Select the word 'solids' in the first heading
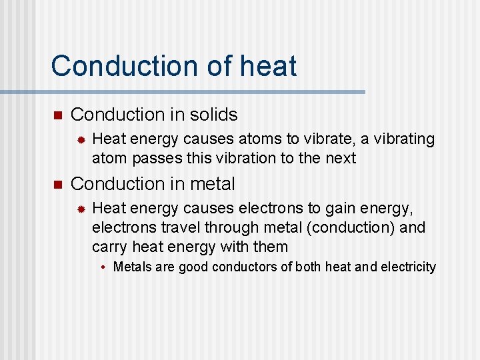pyautogui.click(x=213, y=115)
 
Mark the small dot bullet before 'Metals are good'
pyautogui.click(x=105, y=268)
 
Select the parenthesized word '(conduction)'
pyautogui.click(x=349, y=228)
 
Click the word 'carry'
pyautogui.click(x=109, y=247)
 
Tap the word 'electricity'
pyautogui.click(x=408, y=267)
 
